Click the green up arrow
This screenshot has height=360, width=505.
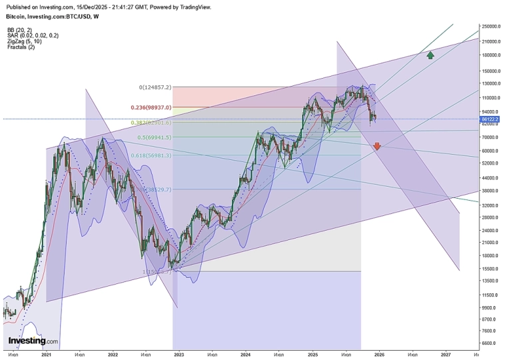431,55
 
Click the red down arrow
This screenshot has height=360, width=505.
377,146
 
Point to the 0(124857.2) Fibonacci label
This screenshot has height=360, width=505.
155,87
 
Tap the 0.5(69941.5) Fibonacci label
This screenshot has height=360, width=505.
155,137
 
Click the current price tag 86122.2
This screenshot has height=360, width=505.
491,119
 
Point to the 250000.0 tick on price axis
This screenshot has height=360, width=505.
491,26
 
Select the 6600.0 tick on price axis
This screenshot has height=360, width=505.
491,343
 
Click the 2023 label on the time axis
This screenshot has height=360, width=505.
179,355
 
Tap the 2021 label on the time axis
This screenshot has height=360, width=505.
46,355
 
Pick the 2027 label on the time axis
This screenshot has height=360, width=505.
446,355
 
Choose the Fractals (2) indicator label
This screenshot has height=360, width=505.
21,47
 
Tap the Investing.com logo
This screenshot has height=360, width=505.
33,341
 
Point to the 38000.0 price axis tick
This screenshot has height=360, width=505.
491,191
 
